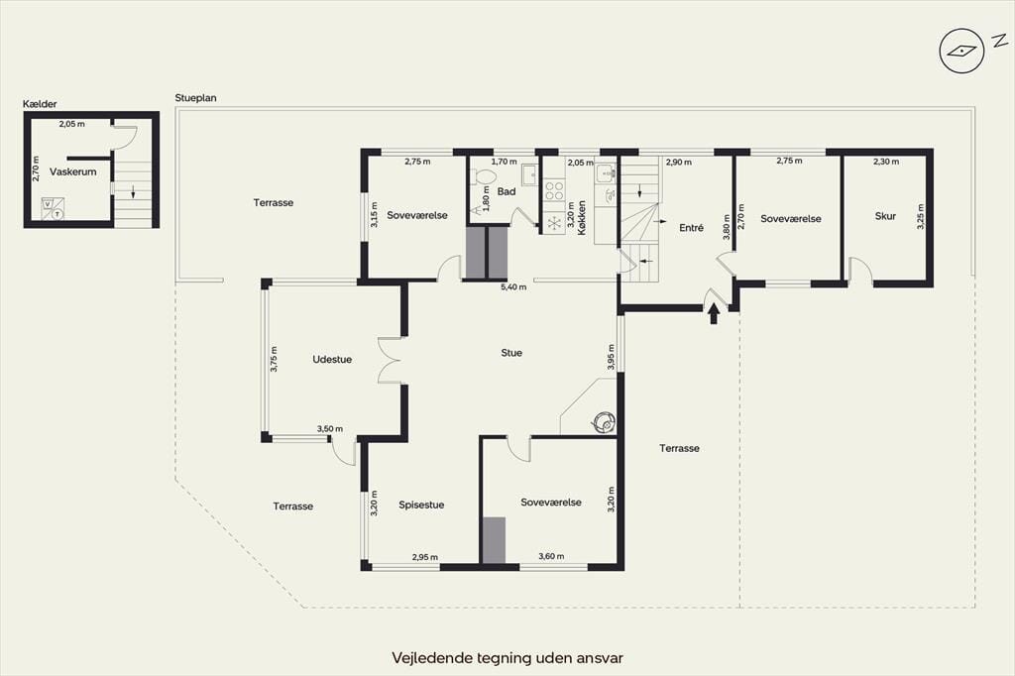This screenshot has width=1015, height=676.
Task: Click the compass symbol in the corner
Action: point(961,51)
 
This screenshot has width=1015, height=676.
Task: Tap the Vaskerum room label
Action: point(73,171)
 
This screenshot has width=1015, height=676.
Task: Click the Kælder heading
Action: point(40,104)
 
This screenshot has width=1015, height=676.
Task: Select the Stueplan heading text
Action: point(195,98)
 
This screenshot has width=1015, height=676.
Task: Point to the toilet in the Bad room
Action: point(482,176)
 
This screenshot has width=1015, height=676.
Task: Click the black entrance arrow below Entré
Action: point(714,314)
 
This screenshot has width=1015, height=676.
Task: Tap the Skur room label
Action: point(885,216)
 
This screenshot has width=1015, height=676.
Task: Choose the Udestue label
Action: point(332,360)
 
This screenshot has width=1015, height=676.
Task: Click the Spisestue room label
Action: point(421,506)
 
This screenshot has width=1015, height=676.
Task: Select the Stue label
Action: point(511,353)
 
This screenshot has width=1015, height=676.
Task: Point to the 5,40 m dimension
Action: point(513,286)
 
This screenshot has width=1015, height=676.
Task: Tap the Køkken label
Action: point(582,217)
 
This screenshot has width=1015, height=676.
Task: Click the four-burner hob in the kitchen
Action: point(553,189)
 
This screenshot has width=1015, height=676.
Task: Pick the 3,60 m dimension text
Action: point(551,556)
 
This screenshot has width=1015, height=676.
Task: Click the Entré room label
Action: point(691,227)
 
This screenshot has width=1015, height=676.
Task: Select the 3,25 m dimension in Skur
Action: point(921,216)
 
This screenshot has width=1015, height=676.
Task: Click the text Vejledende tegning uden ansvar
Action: point(507,658)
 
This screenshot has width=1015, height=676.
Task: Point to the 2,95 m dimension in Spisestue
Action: point(424,557)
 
